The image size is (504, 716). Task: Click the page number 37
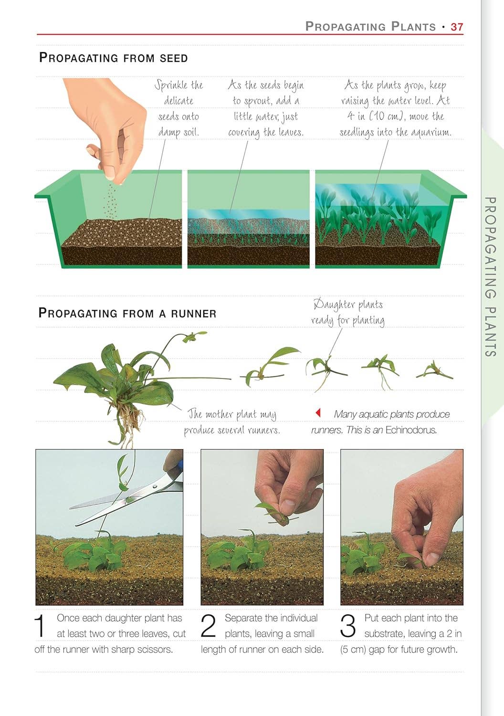[x=457, y=27]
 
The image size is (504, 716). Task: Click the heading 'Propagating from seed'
[x=114, y=58]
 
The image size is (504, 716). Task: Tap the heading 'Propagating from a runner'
[x=127, y=313]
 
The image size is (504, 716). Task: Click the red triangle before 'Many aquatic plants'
[x=318, y=413]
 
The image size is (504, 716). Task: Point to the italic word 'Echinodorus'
[x=411, y=430]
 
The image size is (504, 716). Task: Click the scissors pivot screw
[x=155, y=487]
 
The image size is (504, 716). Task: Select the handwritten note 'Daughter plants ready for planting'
[x=348, y=312]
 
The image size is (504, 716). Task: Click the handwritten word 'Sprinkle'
[x=171, y=85]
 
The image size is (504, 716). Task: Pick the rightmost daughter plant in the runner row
[x=434, y=371]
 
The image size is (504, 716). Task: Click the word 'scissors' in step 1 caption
[x=155, y=649]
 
